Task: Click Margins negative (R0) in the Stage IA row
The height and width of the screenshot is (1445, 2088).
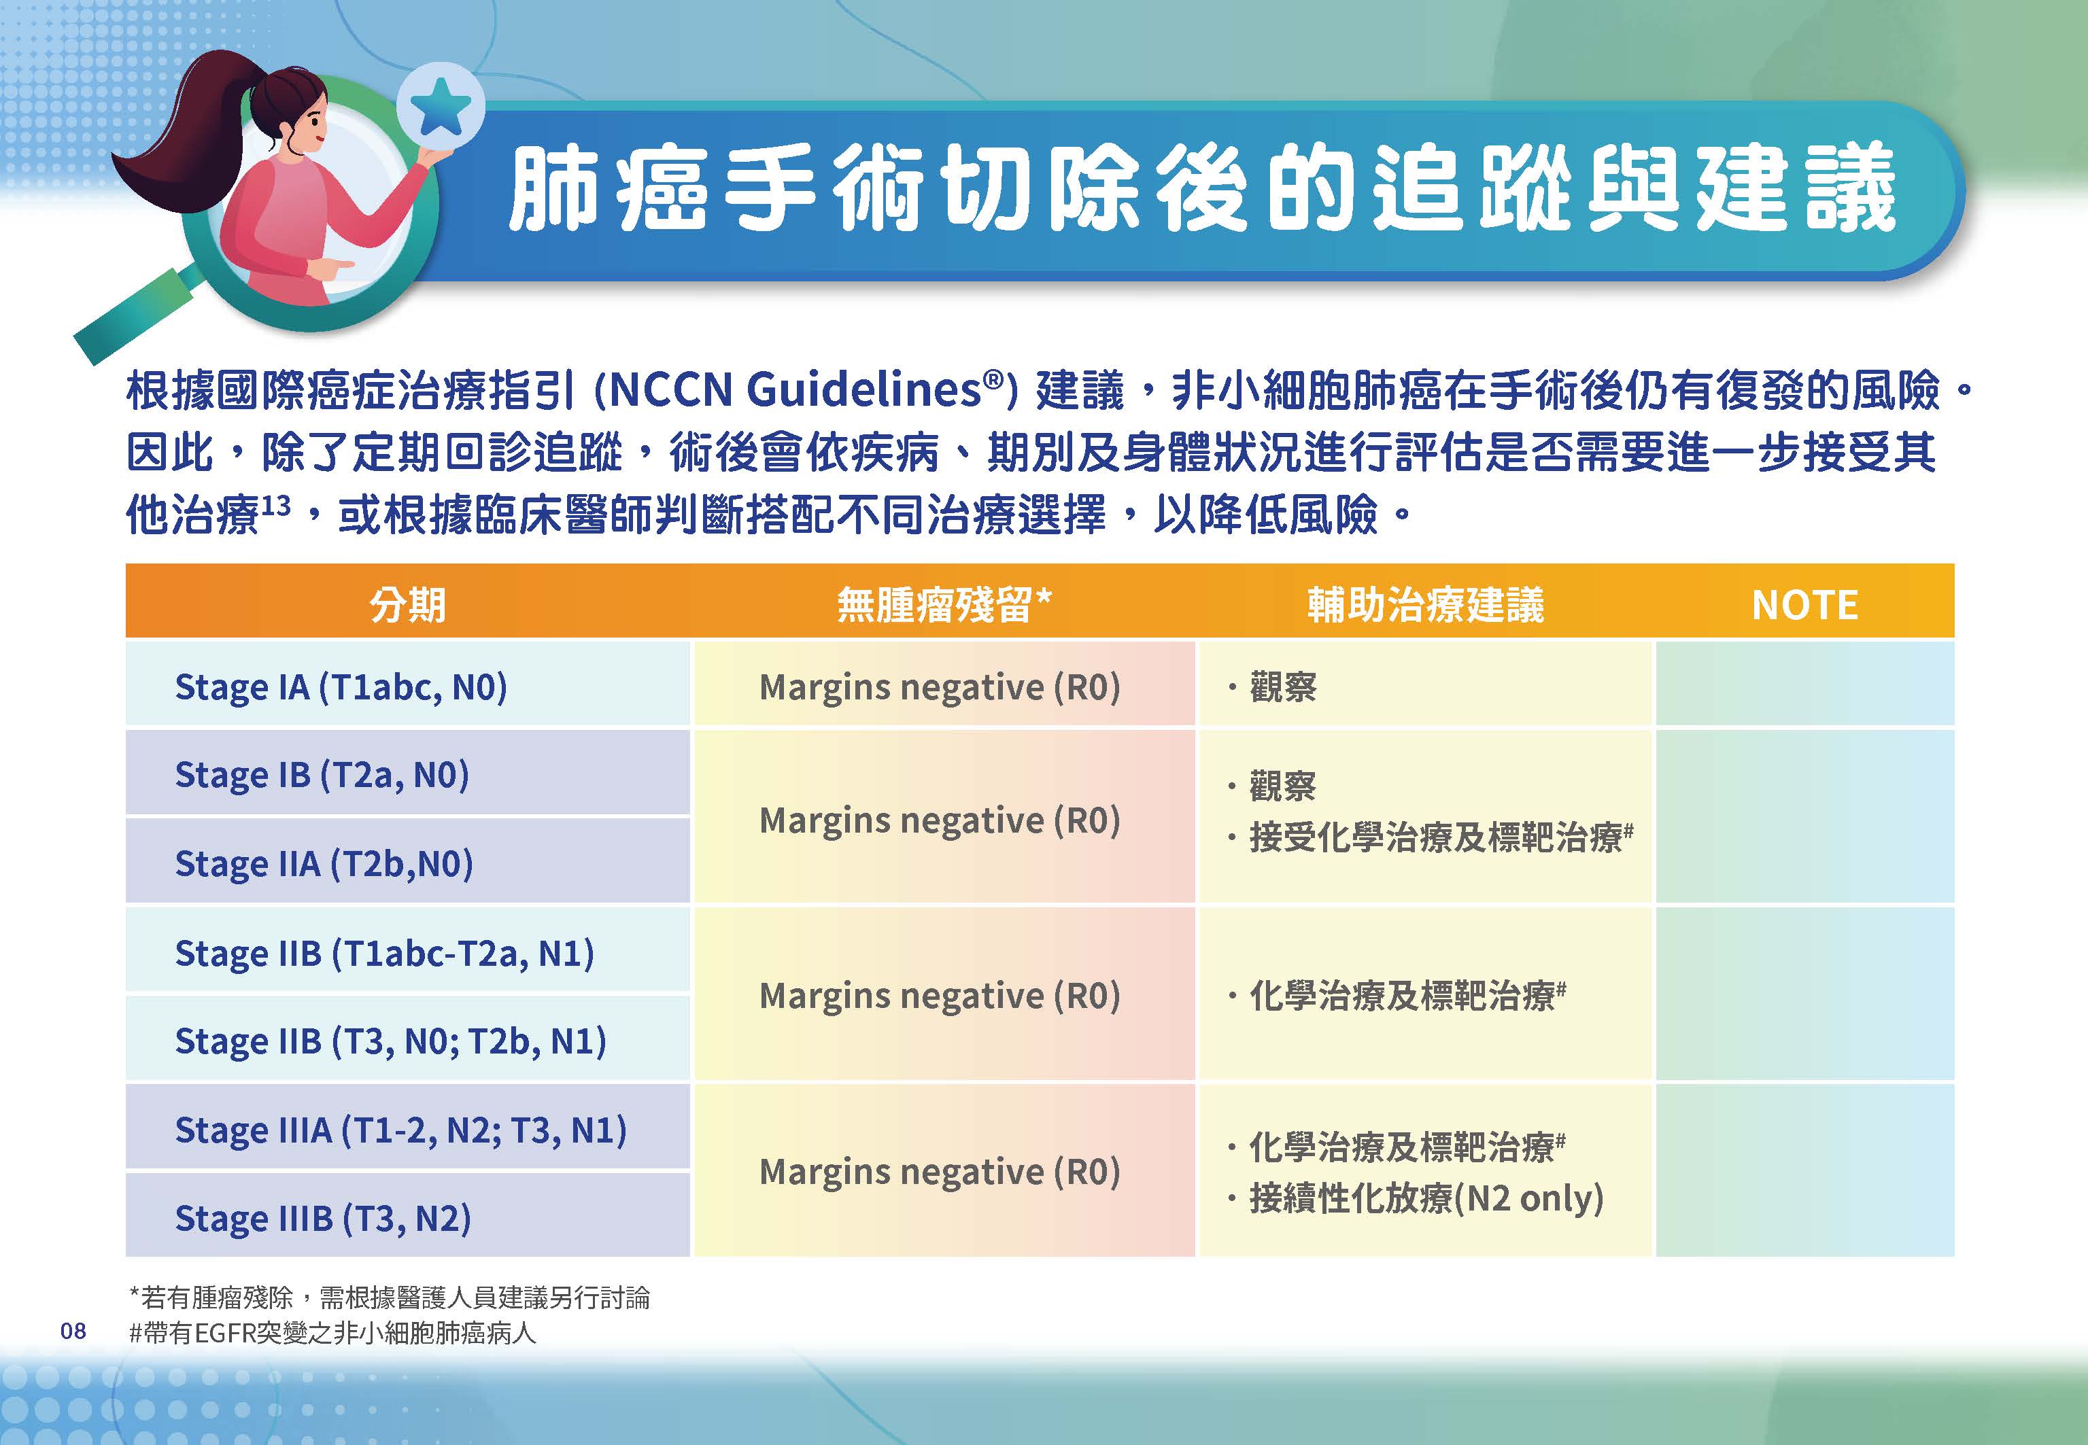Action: [940, 687]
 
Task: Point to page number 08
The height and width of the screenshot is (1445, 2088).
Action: [73, 1330]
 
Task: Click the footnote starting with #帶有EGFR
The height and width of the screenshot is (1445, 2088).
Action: [332, 1334]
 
